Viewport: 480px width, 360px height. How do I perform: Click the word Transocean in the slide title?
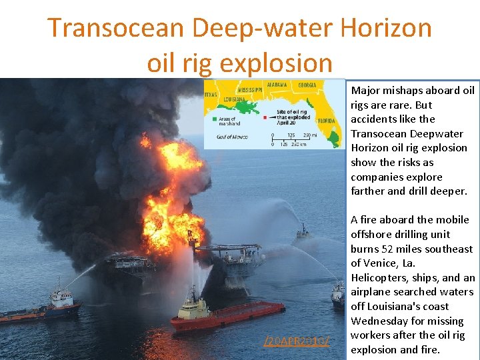pos(114,28)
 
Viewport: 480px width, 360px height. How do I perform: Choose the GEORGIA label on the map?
pos(307,85)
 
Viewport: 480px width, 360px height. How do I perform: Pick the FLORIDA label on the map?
pos(326,121)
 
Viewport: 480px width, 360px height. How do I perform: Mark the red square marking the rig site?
pos(265,117)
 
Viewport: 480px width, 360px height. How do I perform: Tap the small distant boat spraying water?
pos(303,232)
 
